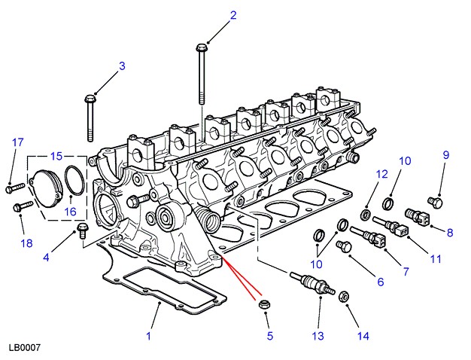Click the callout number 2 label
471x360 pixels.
233,15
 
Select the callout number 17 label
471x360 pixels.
18,142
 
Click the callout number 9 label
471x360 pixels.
445,155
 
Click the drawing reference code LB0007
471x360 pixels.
24,348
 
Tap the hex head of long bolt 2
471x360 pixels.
201,49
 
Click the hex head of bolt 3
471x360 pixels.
91,98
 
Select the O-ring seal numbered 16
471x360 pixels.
73,181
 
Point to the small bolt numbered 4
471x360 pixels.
83,227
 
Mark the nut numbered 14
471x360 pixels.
342,295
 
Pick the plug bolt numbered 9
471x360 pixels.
433,202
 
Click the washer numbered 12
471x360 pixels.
366,216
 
